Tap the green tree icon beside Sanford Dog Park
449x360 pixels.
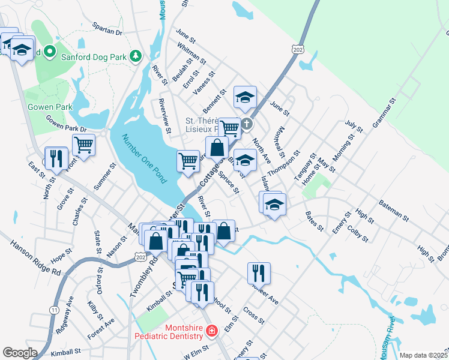(137, 56)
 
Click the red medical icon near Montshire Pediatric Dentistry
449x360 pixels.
(211, 331)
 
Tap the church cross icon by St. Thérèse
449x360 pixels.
(247, 125)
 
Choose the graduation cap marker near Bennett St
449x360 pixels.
(245, 98)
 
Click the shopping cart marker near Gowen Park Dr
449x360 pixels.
(83, 145)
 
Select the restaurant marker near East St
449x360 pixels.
(56, 158)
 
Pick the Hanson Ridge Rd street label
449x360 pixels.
(35, 258)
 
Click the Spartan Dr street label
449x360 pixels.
(107, 29)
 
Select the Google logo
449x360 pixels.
(20, 353)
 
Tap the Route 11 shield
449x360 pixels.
(54, 310)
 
